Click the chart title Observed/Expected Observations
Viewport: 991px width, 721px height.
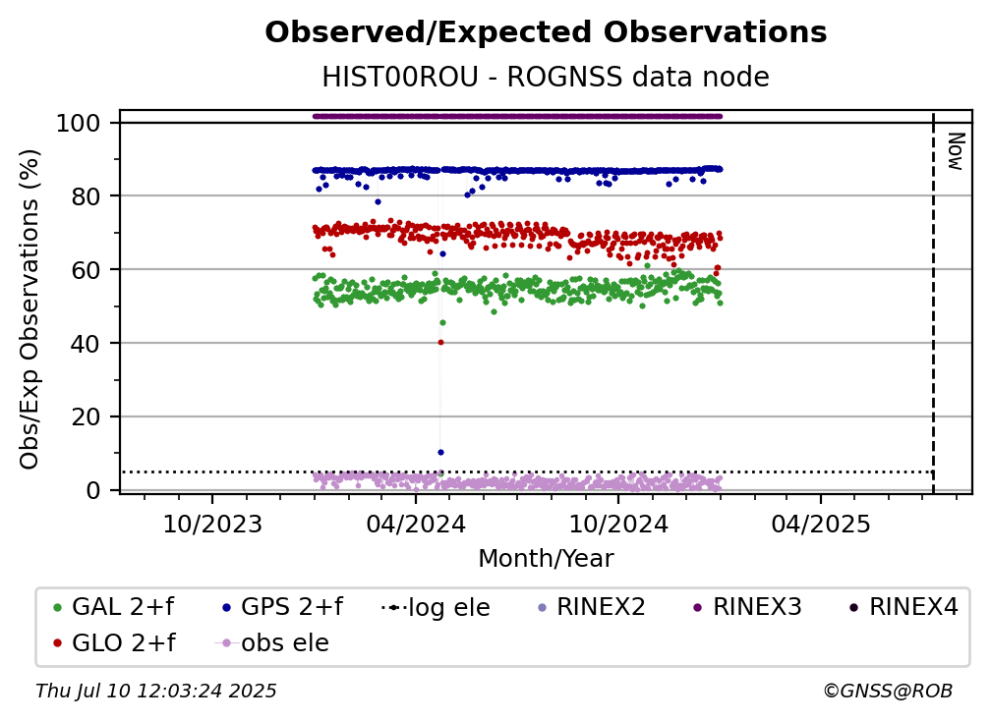(x=546, y=32)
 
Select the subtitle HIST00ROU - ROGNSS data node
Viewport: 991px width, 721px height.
(x=546, y=77)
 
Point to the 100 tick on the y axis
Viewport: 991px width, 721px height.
(x=79, y=123)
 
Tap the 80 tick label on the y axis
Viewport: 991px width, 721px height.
(x=86, y=196)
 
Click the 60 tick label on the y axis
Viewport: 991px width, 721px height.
(x=86, y=270)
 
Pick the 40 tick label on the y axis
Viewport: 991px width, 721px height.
(x=86, y=344)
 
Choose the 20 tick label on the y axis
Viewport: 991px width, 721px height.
(x=86, y=417)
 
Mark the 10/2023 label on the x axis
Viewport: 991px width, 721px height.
(x=212, y=524)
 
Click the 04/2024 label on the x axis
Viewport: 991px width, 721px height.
(x=415, y=524)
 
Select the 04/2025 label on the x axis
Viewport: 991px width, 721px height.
(x=820, y=524)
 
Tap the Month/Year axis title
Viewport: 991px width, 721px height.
(x=546, y=559)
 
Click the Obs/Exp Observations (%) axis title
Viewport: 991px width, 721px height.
(x=29, y=309)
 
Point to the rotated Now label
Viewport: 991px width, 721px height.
(x=955, y=151)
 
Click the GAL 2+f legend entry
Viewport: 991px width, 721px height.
(x=114, y=607)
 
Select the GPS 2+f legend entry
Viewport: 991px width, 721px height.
(x=282, y=607)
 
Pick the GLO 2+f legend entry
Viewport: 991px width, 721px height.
(x=114, y=643)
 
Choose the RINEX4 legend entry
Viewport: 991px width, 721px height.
(x=904, y=607)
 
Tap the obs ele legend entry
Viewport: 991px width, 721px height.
(x=272, y=643)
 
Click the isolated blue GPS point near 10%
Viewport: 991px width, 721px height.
(x=440, y=453)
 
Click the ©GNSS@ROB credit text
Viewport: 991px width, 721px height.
(x=888, y=692)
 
